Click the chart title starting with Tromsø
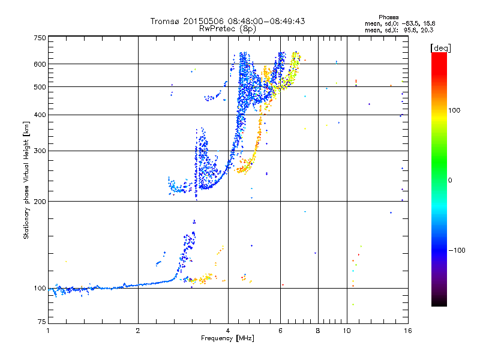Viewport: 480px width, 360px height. tap(228, 21)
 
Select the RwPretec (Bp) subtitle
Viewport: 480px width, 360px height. tap(228, 28)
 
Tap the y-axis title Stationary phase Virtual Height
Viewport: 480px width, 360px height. tap(26, 181)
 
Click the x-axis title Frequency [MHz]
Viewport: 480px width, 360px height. tap(228, 339)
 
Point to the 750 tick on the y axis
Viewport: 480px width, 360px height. tap(40, 38)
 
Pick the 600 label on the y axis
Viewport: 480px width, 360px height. tap(40, 64)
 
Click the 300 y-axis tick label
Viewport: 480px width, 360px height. tap(40, 151)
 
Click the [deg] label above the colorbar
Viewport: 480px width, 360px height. tap(441, 47)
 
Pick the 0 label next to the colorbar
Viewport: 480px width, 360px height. tap(451, 180)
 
